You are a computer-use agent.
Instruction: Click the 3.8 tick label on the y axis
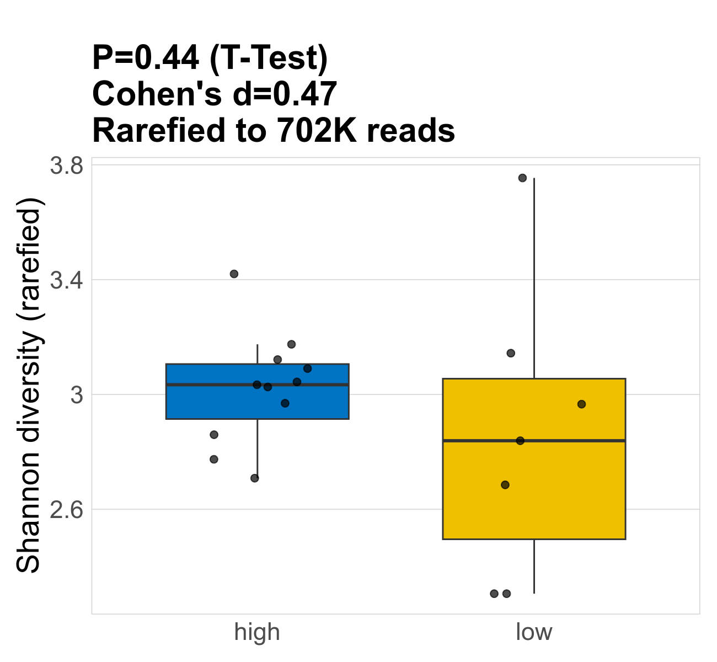click(x=66, y=165)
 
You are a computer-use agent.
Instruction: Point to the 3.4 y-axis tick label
click(x=66, y=280)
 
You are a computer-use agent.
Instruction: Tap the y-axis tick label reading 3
click(x=77, y=395)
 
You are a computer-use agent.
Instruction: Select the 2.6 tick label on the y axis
click(x=66, y=510)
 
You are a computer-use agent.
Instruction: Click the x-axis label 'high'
click(x=257, y=632)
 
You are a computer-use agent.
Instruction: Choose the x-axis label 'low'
click(x=534, y=632)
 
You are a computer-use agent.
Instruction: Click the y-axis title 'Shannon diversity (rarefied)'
click(x=29, y=386)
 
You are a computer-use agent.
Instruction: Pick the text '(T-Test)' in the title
click(x=269, y=58)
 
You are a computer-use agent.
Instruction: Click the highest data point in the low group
click(x=522, y=178)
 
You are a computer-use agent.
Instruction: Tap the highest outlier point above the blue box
click(x=234, y=274)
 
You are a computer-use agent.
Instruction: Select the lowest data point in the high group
click(x=255, y=478)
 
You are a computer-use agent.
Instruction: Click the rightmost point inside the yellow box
click(x=581, y=404)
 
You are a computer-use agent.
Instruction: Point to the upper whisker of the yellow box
click(x=534, y=276)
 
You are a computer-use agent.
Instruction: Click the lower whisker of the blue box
click(x=258, y=447)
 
